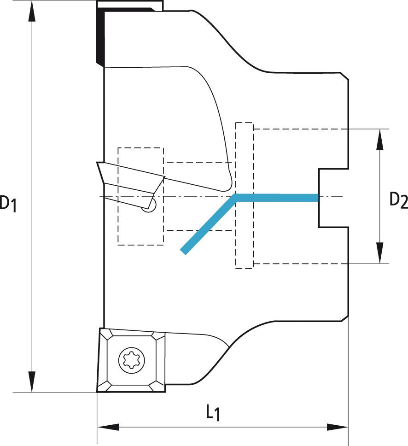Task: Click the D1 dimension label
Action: click(8, 203)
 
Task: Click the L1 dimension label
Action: click(212, 412)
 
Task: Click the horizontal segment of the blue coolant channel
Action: click(276, 198)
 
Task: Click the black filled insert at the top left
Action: click(100, 37)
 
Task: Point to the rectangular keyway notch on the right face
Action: click(332, 198)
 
